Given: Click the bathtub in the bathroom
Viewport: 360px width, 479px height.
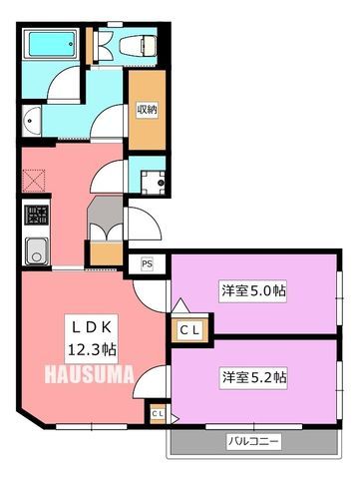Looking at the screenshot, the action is click(52, 44).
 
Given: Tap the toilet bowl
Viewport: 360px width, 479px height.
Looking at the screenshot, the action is click(138, 46).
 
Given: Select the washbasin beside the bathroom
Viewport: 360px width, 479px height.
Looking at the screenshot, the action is click(32, 121).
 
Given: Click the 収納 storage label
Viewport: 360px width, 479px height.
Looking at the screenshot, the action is click(147, 110).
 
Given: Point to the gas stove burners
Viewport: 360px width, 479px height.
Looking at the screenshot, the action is click(37, 215).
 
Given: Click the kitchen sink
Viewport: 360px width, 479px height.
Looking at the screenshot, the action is click(37, 251).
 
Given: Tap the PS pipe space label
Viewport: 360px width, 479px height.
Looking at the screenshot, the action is click(147, 263).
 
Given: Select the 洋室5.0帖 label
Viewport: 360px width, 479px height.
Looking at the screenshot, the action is click(253, 291).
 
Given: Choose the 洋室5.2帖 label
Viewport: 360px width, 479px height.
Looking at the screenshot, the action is click(254, 377).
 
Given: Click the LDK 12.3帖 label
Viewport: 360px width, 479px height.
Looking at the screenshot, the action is click(92, 339).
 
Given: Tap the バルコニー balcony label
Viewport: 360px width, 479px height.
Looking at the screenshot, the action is click(253, 442).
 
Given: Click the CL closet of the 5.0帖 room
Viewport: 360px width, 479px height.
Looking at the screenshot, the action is click(189, 330).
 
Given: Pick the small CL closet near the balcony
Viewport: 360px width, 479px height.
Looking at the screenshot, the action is click(158, 414).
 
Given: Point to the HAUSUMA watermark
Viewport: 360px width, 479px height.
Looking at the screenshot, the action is click(90, 374).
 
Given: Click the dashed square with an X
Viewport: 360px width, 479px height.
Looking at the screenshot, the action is click(34, 181).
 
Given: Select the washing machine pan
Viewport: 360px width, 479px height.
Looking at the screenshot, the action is click(153, 183).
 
